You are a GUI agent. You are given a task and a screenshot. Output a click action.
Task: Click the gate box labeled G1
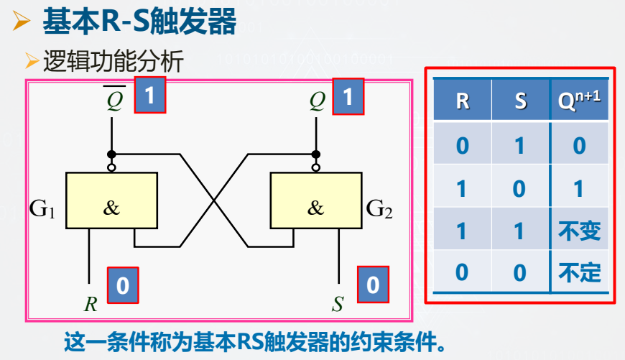[x=111, y=200]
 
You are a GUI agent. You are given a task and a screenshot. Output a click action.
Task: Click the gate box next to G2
[x=315, y=200]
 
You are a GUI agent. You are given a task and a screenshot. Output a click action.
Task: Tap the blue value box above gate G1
[x=150, y=96]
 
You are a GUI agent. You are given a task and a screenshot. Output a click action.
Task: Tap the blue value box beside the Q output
[x=348, y=96]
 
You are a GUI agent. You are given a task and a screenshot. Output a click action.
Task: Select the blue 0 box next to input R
[x=122, y=285]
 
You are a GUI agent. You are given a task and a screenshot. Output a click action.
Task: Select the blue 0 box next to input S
[x=372, y=285]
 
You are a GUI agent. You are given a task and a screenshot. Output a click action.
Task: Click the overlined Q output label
[x=115, y=100]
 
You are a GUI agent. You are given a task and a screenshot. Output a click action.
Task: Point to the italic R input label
[x=91, y=304]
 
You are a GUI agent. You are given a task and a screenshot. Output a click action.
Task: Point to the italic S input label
[x=338, y=304]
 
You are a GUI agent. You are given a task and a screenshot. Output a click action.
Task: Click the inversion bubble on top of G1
[x=111, y=168]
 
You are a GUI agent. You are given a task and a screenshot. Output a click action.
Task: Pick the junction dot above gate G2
[x=315, y=154]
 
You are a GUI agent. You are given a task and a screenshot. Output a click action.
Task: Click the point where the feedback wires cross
[x=213, y=200]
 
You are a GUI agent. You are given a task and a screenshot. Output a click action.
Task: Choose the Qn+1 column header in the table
[x=579, y=100]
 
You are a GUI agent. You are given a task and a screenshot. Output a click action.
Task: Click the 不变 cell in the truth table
[x=579, y=231]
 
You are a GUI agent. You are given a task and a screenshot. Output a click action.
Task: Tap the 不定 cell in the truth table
[x=579, y=272]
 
